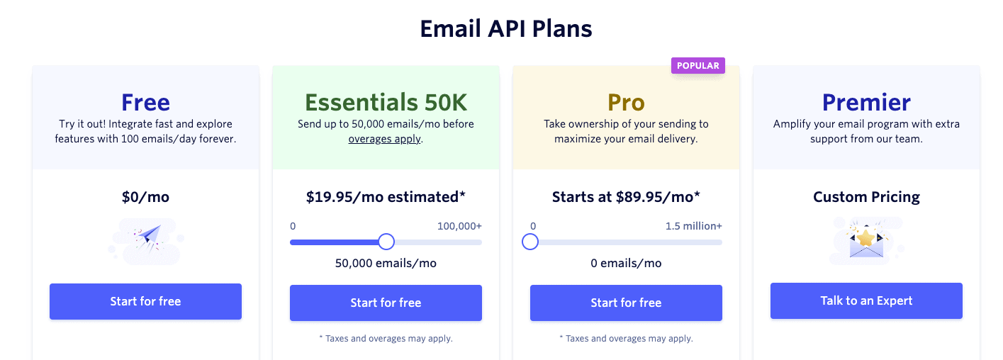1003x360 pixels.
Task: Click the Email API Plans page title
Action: tap(506, 28)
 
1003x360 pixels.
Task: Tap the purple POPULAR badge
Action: tap(697, 66)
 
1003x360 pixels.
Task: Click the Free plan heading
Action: tap(145, 103)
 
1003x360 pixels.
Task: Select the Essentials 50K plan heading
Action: tap(386, 103)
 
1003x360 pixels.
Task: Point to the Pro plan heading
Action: tap(626, 103)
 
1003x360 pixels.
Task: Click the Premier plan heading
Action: tap(866, 103)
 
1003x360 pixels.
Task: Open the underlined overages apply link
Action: tap(385, 139)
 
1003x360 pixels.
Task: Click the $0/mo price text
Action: tap(145, 197)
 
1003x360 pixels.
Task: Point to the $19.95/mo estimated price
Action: tap(386, 197)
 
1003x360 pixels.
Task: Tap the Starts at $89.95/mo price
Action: tap(626, 197)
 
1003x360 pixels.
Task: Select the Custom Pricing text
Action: tap(866, 197)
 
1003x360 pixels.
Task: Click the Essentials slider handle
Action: tap(386, 242)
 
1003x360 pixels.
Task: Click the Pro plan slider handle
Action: tap(530, 242)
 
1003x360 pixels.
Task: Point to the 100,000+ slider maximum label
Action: tap(459, 226)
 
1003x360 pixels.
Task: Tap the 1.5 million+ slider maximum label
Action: tap(693, 226)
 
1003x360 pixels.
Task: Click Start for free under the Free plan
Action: tap(145, 301)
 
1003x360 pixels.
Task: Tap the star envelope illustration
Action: tap(866, 241)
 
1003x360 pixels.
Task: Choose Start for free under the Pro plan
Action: tap(626, 303)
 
